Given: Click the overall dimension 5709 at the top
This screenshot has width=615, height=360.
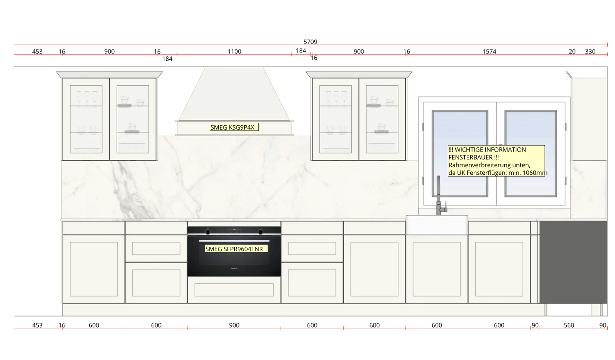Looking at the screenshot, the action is click(x=310, y=42).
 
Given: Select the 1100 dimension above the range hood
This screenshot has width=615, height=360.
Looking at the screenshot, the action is click(x=234, y=51).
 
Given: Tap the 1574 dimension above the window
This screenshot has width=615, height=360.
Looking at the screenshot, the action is click(x=489, y=51).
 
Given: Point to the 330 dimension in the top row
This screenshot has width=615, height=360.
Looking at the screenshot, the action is click(x=590, y=51).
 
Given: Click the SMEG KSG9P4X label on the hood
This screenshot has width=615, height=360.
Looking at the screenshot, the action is click(x=234, y=127).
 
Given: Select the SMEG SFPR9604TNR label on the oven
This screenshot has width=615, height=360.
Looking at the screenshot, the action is click(x=236, y=249).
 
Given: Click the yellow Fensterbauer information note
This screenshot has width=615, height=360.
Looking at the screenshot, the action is click(x=497, y=161).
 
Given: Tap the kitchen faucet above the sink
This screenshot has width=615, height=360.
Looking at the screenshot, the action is click(x=440, y=196).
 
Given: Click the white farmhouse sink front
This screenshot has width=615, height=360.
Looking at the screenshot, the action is click(x=437, y=225).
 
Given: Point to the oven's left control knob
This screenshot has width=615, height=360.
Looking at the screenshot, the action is click(x=208, y=232).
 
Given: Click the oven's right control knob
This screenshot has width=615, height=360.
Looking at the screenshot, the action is click(x=261, y=232).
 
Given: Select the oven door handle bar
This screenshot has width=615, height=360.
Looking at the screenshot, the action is click(x=234, y=241).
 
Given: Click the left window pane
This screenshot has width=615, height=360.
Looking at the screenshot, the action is click(x=460, y=154).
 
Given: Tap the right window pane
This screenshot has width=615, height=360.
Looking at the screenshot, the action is click(x=531, y=154).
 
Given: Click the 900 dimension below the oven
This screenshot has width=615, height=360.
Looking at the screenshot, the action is click(x=234, y=325).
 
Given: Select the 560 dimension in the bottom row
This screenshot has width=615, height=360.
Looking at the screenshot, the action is click(x=569, y=325).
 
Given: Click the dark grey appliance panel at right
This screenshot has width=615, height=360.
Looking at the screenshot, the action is click(x=573, y=262).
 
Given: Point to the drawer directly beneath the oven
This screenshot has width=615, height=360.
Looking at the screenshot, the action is click(x=234, y=290).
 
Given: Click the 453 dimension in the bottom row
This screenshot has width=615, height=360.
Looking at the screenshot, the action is click(x=37, y=325).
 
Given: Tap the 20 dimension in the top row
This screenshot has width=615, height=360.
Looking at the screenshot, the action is click(x=572, y=51).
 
